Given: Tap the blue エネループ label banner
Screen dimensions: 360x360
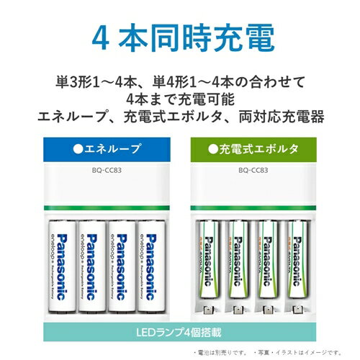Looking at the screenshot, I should (x=100, y=150).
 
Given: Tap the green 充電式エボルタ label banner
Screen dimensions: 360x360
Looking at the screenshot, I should (x=259, y=150).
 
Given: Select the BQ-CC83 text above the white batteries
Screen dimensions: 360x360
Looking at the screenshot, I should (x=100, y=172).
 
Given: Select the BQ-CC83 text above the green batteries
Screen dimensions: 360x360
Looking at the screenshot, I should (x=259, y=172).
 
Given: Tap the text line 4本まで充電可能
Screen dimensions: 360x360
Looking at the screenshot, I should (x=179, y=96).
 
